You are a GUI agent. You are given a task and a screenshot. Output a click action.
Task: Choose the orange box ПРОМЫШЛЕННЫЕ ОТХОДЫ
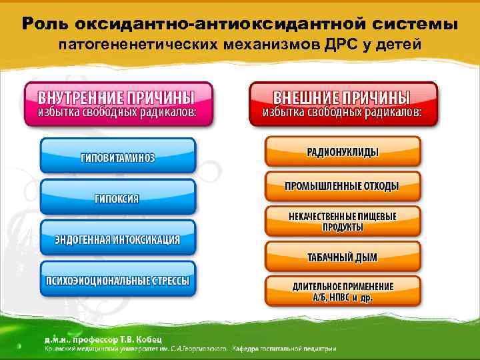(x=343, y=186)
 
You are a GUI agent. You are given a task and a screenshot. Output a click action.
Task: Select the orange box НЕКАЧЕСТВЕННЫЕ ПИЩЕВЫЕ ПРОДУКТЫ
(x=343, y=221)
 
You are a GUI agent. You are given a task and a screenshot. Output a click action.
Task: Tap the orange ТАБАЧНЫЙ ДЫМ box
(x=343, y=256)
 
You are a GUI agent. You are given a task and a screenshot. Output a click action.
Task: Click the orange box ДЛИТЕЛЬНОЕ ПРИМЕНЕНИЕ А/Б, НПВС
(x=343, y=291)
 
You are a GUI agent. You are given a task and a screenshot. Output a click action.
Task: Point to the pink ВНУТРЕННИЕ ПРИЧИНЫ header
(x=119, y=103)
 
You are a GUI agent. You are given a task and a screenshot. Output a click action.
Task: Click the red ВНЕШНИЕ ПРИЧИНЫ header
(x=343, y=103)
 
